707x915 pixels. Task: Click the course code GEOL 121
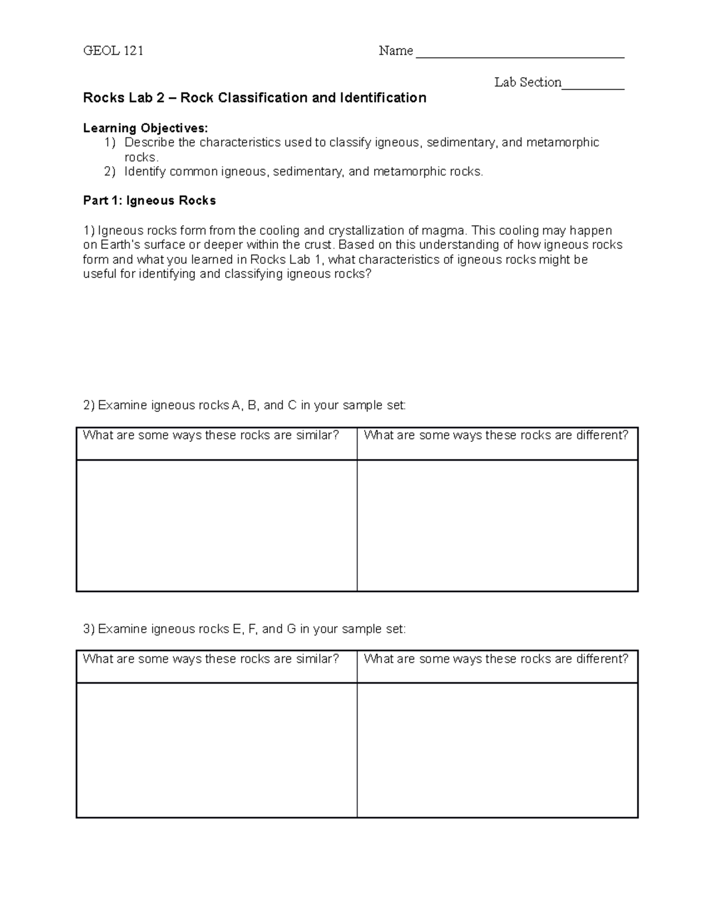pos(113,51)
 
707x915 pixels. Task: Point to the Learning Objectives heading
pos(146,128)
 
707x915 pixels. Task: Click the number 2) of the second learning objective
pos(110,171)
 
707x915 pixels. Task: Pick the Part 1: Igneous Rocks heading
pos(150,201)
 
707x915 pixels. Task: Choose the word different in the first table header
pos(602,435)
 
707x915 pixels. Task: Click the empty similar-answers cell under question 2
pos(216,526)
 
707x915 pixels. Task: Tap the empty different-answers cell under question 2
pos(497,526)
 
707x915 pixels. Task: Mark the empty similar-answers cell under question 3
pos(216,750)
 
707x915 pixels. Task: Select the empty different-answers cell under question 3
pos(497,750)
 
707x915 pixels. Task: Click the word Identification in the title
pos(383,98)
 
